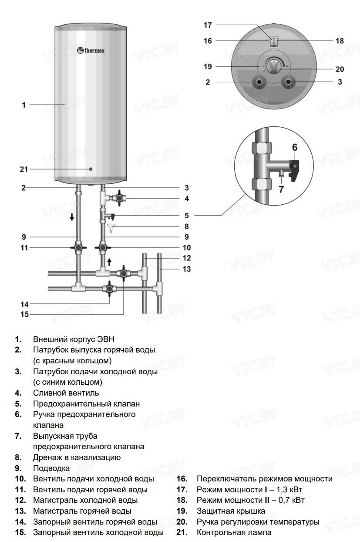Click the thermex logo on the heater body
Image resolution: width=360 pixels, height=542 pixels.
pyautogui.click(x=91, y=51)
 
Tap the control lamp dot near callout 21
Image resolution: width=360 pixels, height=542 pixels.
pyautogui.click(x=91, y=169)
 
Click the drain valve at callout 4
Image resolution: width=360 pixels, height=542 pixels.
pyautogui.click(x=119, y=198)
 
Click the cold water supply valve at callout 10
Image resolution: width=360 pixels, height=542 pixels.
pyautogui.click(x=103, y=247)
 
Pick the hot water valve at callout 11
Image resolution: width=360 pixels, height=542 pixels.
pyautogui.click(x=78, y=247)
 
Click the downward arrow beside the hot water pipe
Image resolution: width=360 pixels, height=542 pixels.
pyautogui.click(x=72, y=217)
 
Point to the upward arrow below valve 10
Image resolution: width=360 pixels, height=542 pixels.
pyautogui.click(x=109, y=262)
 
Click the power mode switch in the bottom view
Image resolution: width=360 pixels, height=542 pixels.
pyautogui.click(x=274, y=42)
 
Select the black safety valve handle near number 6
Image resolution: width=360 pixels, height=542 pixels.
pyautogui.click(x=294, y=171)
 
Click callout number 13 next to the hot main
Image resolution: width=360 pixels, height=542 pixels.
pyautogui.click(x=187, y=269)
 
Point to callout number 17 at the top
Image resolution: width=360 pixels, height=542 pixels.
pyautogui.click(x=208, y=25)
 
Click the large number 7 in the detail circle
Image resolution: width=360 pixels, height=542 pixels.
pyautogui.click(x=281, y=189)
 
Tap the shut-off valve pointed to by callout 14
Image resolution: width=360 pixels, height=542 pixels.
pyautogui.click(x=109, y=288)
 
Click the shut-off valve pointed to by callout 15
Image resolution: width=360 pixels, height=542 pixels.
pyautogui.click(x=124, y=274)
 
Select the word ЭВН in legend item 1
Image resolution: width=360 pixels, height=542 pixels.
pyautogui.click(x=106, y=339)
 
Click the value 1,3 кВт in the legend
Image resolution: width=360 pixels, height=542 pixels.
pyautogui.click(x=289, y=489)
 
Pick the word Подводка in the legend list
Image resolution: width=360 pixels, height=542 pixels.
pyautogui.click(x=51, y=468)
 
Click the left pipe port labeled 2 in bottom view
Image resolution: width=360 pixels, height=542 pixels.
pyautogui.click(x=259, y=82)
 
